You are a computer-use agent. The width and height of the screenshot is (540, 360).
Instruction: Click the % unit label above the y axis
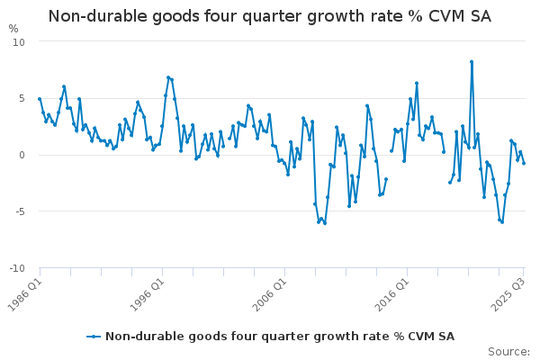click(13, 29)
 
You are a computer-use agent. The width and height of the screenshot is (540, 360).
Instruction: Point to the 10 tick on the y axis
click(19, 42)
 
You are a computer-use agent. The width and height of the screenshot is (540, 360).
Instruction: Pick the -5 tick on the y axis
click(19, 211)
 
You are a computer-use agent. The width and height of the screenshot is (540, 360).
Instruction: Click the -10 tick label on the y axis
click(17, 268)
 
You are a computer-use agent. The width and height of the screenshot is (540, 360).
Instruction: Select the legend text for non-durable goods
click(279, 337)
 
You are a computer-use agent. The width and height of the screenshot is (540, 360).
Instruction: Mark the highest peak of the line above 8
click(472, 62)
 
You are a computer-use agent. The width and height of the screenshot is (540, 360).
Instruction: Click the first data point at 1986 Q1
click(40, 99)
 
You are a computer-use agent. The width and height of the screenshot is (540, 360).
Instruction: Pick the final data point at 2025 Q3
click(524, 163)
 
